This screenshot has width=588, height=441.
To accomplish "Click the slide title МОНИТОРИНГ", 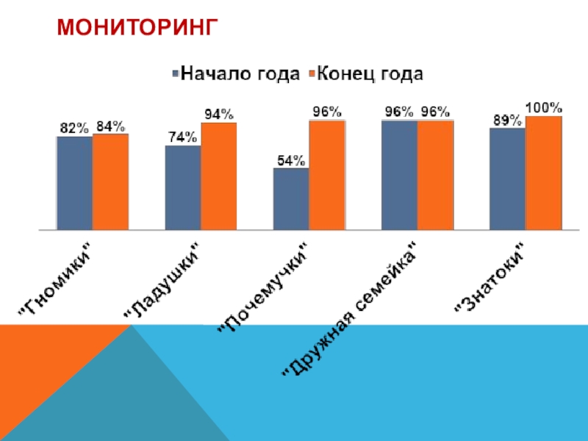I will pyautogui.click(x=139, y=28).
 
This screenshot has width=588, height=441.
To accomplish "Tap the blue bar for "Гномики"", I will pyautogui.click(x=75, y=182).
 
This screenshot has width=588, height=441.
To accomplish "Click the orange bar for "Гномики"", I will pyautogui.click(x=110, y=181).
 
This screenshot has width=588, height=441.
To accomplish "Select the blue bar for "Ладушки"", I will pyautogui.click(x=183, y=187).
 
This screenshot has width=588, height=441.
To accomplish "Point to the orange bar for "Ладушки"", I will pyautogui.click(x=218, y=175).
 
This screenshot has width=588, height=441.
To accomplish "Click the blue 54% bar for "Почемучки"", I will pyautogui.click(x=291, y=198).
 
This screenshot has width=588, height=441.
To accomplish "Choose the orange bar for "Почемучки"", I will pyautogui.click(x=326, y=173).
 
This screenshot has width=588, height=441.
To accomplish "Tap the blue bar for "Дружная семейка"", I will pyautogui.click(x=399, y=173).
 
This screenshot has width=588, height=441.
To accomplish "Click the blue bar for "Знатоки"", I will pyautogui.click(x=508, y=178).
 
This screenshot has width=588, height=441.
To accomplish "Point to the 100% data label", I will pyautogui.click(x=544, y=107).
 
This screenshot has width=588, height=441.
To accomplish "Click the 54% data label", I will pyautogui.click(x=291, y=161).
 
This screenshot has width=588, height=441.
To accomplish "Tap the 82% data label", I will pyautogui.click(x=74, y=128).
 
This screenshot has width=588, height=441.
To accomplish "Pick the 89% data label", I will pyautogui.click(x=508, y=120).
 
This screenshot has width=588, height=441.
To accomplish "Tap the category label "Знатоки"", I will pyautogui.click(x=490, y=279).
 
